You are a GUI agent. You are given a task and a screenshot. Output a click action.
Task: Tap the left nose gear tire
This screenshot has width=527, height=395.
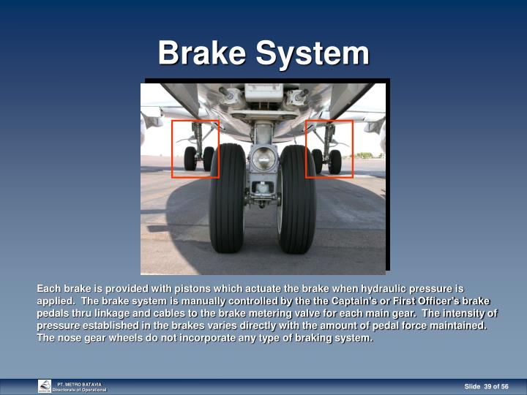[227, 197]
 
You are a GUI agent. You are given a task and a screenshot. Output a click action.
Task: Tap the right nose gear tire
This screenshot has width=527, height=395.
[297, 197]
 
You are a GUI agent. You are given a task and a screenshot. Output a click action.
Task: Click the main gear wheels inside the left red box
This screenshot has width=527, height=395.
[199, 159]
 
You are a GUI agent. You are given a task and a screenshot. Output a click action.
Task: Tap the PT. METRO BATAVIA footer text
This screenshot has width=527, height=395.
[80, 383]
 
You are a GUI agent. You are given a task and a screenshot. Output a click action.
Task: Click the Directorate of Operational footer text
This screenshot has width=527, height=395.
[79, 390]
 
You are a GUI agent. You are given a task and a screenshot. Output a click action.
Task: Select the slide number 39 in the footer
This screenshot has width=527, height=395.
[488, 386]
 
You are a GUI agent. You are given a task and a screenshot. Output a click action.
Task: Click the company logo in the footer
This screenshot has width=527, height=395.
[45, 386]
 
